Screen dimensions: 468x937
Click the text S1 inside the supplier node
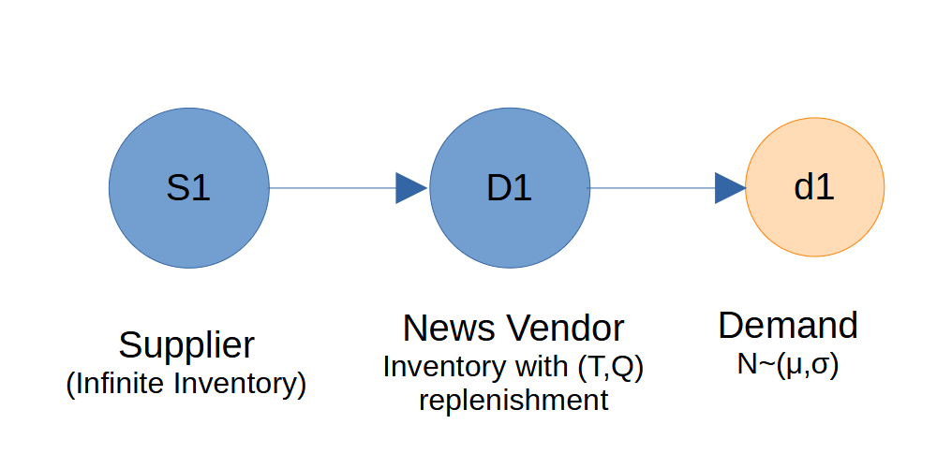(189, 188)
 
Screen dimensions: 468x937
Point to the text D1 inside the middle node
(510, 188)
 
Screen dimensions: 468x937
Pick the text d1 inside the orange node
(814, 188)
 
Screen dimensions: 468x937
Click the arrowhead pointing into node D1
(411, 188)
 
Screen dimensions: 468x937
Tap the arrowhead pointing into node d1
(730, 188)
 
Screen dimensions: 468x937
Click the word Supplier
(187, 346)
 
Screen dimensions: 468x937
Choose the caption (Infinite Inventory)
(186, 385)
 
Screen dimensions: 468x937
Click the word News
(450, 329)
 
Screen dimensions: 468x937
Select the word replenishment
(513, 402)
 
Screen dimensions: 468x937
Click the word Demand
(788, 327)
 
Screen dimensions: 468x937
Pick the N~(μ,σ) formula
(788, 364)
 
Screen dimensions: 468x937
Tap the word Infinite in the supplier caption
(122, 385)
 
